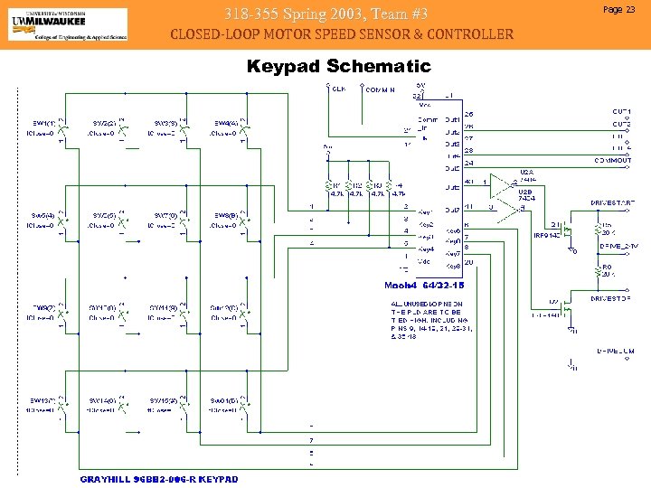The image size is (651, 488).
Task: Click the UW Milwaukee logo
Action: point(67,24)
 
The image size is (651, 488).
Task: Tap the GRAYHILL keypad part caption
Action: point(159,478)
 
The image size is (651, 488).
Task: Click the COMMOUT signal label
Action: point(612,160)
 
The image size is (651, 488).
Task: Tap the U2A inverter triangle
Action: point(501,183)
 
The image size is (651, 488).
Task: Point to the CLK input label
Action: point(338,89)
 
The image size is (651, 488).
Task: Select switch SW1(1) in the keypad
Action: point(43,127)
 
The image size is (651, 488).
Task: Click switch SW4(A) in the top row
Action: point(226,127)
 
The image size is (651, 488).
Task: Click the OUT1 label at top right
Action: point(620,111)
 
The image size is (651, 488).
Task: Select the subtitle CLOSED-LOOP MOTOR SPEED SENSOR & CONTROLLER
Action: point(342,34)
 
